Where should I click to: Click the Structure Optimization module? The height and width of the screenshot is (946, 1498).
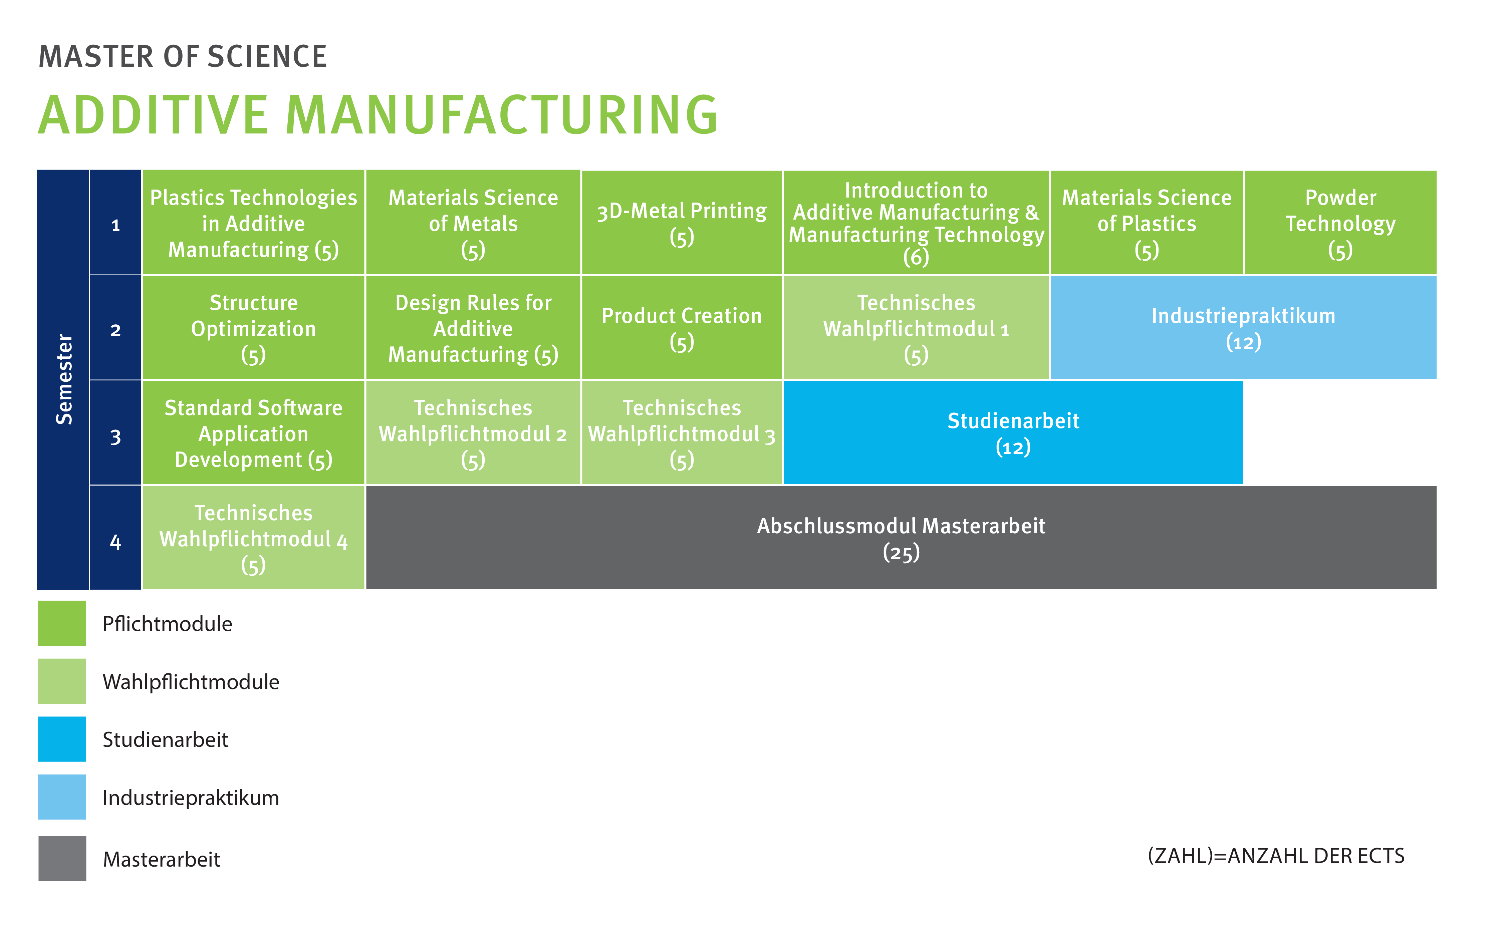(x=253, y=328)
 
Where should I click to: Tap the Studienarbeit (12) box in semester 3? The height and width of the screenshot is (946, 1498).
(x=1013, y=433)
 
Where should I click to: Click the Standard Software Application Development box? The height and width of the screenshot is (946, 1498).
(x=253, y=433)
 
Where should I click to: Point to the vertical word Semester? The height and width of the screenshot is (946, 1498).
(x=64, y=379)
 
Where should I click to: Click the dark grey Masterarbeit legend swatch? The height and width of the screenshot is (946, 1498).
(x=62, y=858)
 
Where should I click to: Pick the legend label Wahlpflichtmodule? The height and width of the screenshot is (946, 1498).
(x=191, y=682)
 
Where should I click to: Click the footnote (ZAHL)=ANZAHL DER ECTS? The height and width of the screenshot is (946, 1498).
(x=1276, y=856)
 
